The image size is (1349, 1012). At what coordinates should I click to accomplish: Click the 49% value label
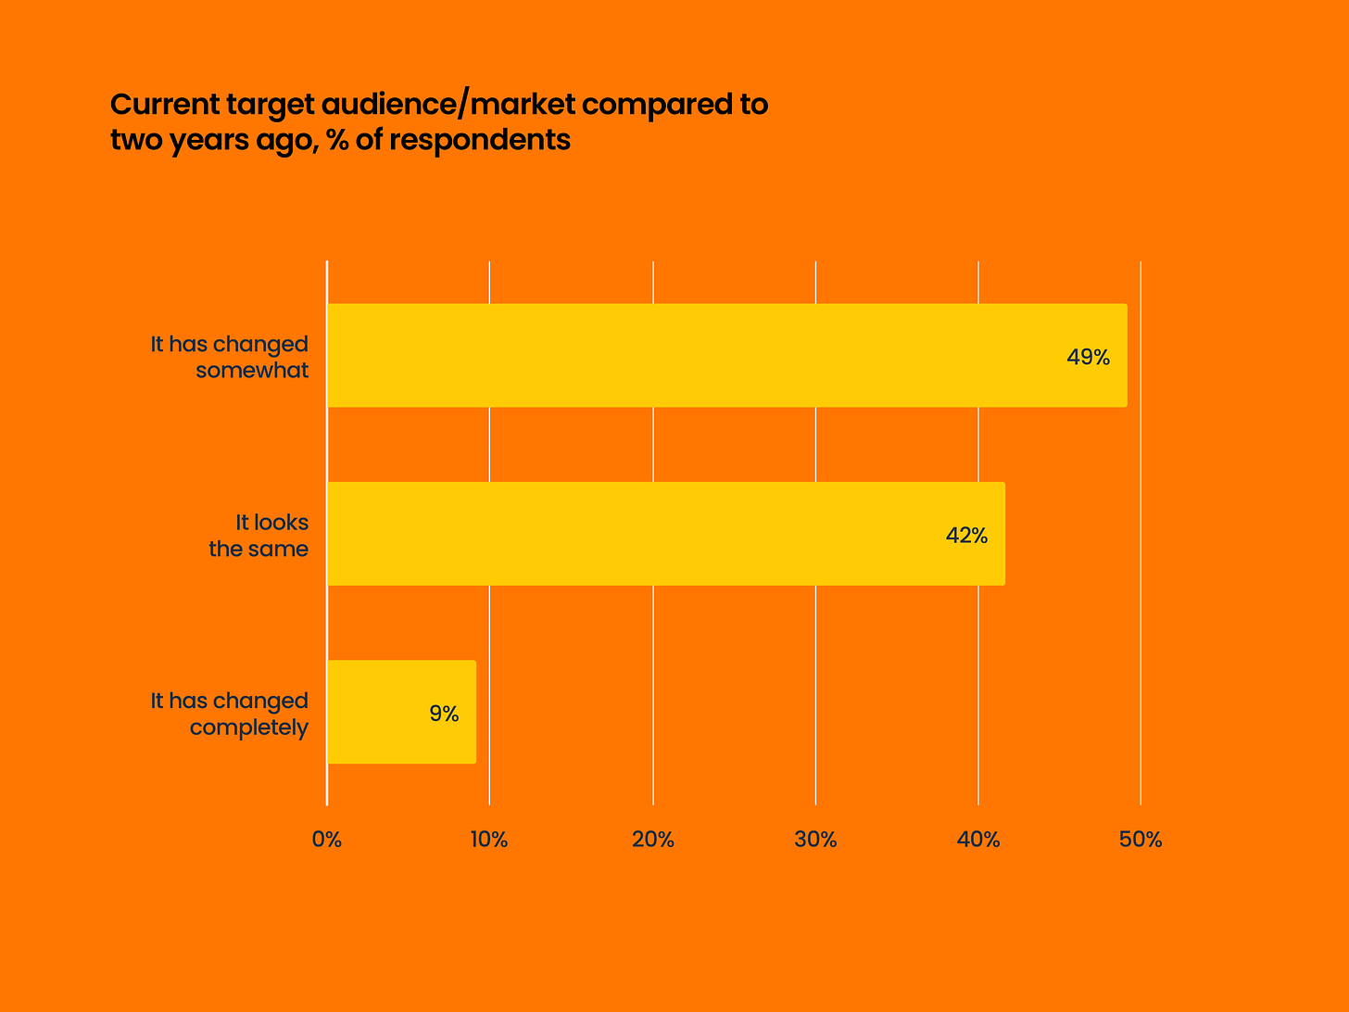tap(1088, 357)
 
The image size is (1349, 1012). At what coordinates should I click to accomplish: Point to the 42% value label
tap(966, 536)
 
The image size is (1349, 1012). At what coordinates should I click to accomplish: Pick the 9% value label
tap(444, 714)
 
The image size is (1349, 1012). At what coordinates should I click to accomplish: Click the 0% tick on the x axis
tap(327, 840)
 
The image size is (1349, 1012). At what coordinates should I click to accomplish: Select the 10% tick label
tap(489, 840)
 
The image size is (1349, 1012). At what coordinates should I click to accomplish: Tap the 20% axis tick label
tap(652, 840)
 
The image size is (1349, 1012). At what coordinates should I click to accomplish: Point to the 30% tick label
tap(815, 840)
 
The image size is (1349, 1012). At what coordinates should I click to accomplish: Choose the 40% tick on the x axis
tap(978, 840)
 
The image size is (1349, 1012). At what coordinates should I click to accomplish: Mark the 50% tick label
tap(1141, 840)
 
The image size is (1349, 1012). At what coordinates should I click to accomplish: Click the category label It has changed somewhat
tap(230, 357)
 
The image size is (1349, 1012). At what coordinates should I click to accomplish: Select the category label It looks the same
tap(258, 536)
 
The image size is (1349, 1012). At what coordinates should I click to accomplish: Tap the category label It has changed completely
tap(230, 714)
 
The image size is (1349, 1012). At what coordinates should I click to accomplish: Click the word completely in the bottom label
tap(248, 727)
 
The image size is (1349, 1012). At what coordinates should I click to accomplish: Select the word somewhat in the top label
tap(252, 371)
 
